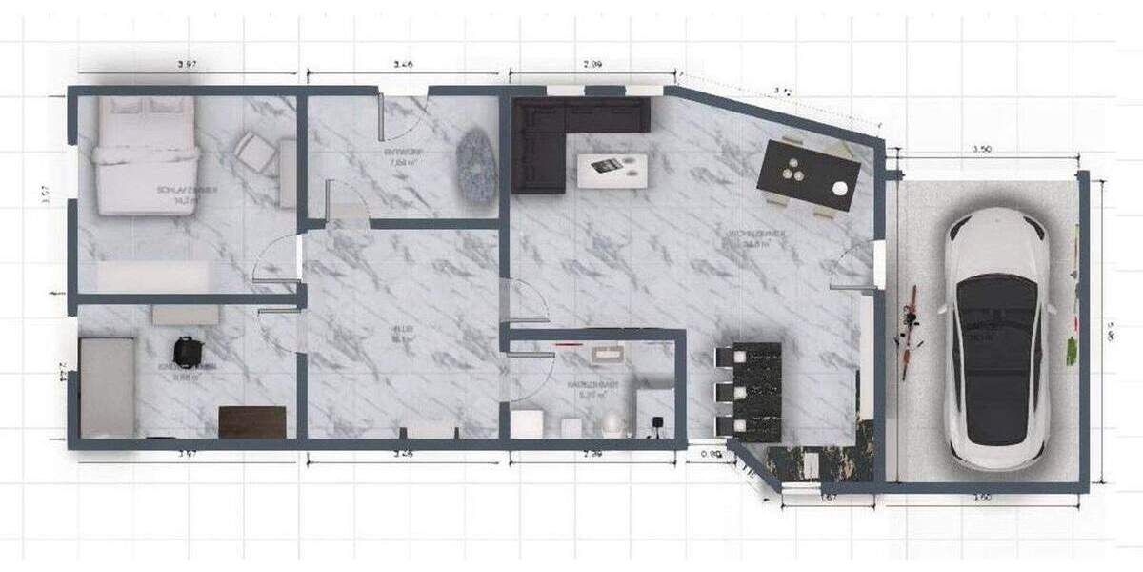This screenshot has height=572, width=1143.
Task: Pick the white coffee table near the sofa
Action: [613, 170]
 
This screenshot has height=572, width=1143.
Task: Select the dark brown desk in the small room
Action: [252, 421]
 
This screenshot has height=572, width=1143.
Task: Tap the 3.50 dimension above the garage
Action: [985, 150]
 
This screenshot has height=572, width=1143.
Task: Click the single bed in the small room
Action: [105, 386]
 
